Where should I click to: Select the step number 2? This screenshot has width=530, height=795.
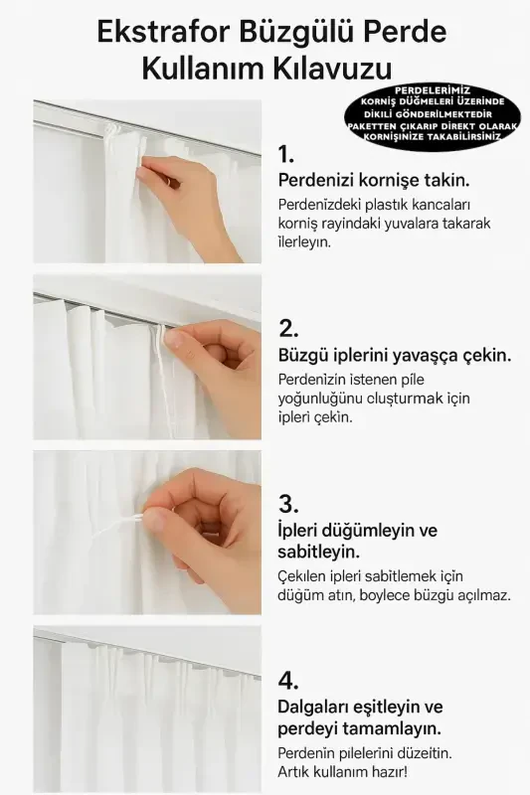point(288,329)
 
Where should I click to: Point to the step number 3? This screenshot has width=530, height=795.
point(288,503)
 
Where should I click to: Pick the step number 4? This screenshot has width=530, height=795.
point(288,681)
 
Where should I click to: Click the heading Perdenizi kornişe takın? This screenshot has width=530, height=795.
point(374,181)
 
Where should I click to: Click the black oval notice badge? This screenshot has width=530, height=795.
point(433,117)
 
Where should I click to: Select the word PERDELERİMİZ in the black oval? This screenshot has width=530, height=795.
point(433,90)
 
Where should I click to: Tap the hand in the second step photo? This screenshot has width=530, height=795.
point(214,363)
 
